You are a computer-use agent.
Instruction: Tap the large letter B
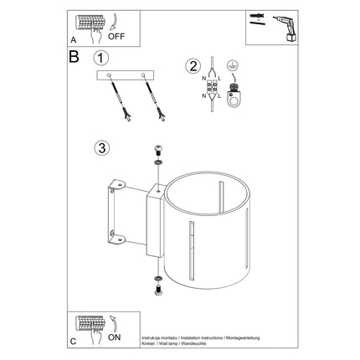(x=74, y=59)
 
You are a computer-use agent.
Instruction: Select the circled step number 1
(x=101, y=59)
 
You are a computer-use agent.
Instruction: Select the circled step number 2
(x=193, y=66)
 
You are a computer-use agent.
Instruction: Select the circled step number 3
(x=101, y=149)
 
